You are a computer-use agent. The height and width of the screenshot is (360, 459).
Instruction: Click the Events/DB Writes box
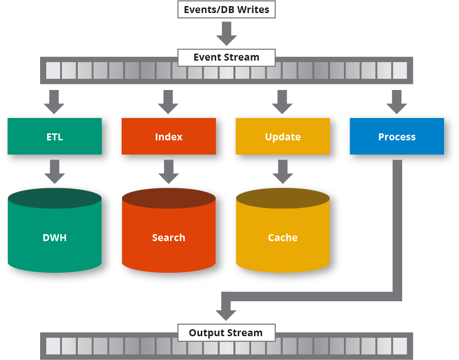pos(226,10)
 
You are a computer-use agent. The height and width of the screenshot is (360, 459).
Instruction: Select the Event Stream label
pos(226,58)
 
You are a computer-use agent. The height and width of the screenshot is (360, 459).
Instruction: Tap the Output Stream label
pos(226,333)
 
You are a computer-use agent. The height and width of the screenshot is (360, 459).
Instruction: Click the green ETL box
pos(55,137)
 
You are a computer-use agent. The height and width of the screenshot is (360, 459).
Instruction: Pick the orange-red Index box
pos(169,137)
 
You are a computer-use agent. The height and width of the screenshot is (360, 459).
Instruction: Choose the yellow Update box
pos(283,137)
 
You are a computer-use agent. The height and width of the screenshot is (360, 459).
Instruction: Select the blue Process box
pos(397,137)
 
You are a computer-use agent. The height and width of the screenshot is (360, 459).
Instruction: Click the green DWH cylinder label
pos(55,237)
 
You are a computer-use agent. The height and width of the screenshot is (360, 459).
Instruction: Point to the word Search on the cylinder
pos(169,237)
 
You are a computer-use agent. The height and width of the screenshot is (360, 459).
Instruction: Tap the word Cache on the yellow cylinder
pos(283,237)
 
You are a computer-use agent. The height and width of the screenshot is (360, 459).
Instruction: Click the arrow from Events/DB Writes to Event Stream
pos(226,34)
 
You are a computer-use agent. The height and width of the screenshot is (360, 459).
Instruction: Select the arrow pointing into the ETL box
pos(55,101)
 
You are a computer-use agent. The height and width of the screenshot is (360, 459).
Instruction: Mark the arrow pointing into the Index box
pos(169,101)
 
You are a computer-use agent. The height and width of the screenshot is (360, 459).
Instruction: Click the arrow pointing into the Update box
pos(283,101)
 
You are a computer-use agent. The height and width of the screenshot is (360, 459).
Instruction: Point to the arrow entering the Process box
pos(397,101)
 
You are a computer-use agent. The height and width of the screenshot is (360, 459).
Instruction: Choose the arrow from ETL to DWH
pos(55,171)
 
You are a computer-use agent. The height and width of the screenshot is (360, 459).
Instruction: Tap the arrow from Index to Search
pos(169,171)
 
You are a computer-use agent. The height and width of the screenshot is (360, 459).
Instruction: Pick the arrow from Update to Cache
pos(283,171)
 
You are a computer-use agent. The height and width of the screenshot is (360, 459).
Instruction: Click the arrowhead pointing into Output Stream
pos(226,312)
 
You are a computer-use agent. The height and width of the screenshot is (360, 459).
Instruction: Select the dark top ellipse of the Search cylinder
pos(169,198)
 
